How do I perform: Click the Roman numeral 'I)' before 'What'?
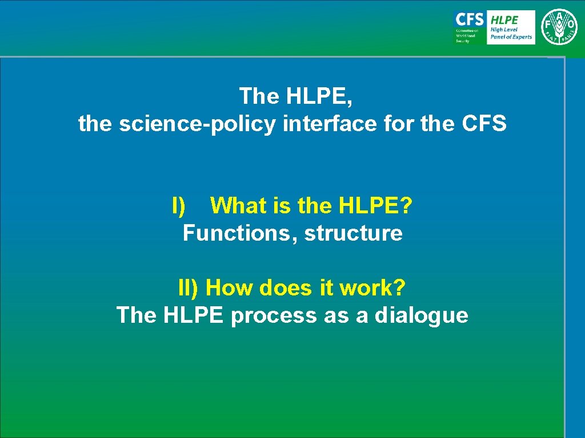coord(179,205)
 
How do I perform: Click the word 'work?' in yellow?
coord(372,288)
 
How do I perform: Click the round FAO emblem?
coord(559,27)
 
